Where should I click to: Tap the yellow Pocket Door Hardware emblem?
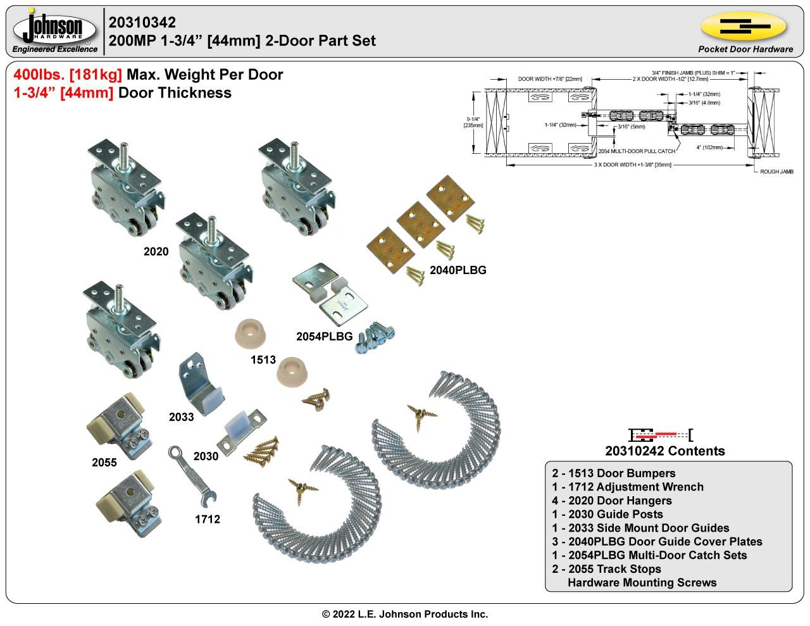point(744,27)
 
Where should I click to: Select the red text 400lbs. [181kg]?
point(68,75)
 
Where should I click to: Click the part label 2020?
point(156,252)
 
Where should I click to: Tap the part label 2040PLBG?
point(458,270)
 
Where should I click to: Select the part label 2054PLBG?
point(324,337)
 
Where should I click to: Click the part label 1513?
point(263,360)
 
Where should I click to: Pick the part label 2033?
point(181,417)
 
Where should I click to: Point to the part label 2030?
point(206,456)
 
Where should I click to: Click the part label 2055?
point(104,463)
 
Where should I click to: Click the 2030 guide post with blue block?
point(241,427)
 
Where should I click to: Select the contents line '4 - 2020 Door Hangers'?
point(611,501)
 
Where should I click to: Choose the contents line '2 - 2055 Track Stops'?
point(606,569)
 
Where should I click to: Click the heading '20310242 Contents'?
point(664,451)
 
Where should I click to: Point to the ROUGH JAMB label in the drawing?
point(776,172)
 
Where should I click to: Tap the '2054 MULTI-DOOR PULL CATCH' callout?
point(636,151)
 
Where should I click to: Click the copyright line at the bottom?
point(405,614)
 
